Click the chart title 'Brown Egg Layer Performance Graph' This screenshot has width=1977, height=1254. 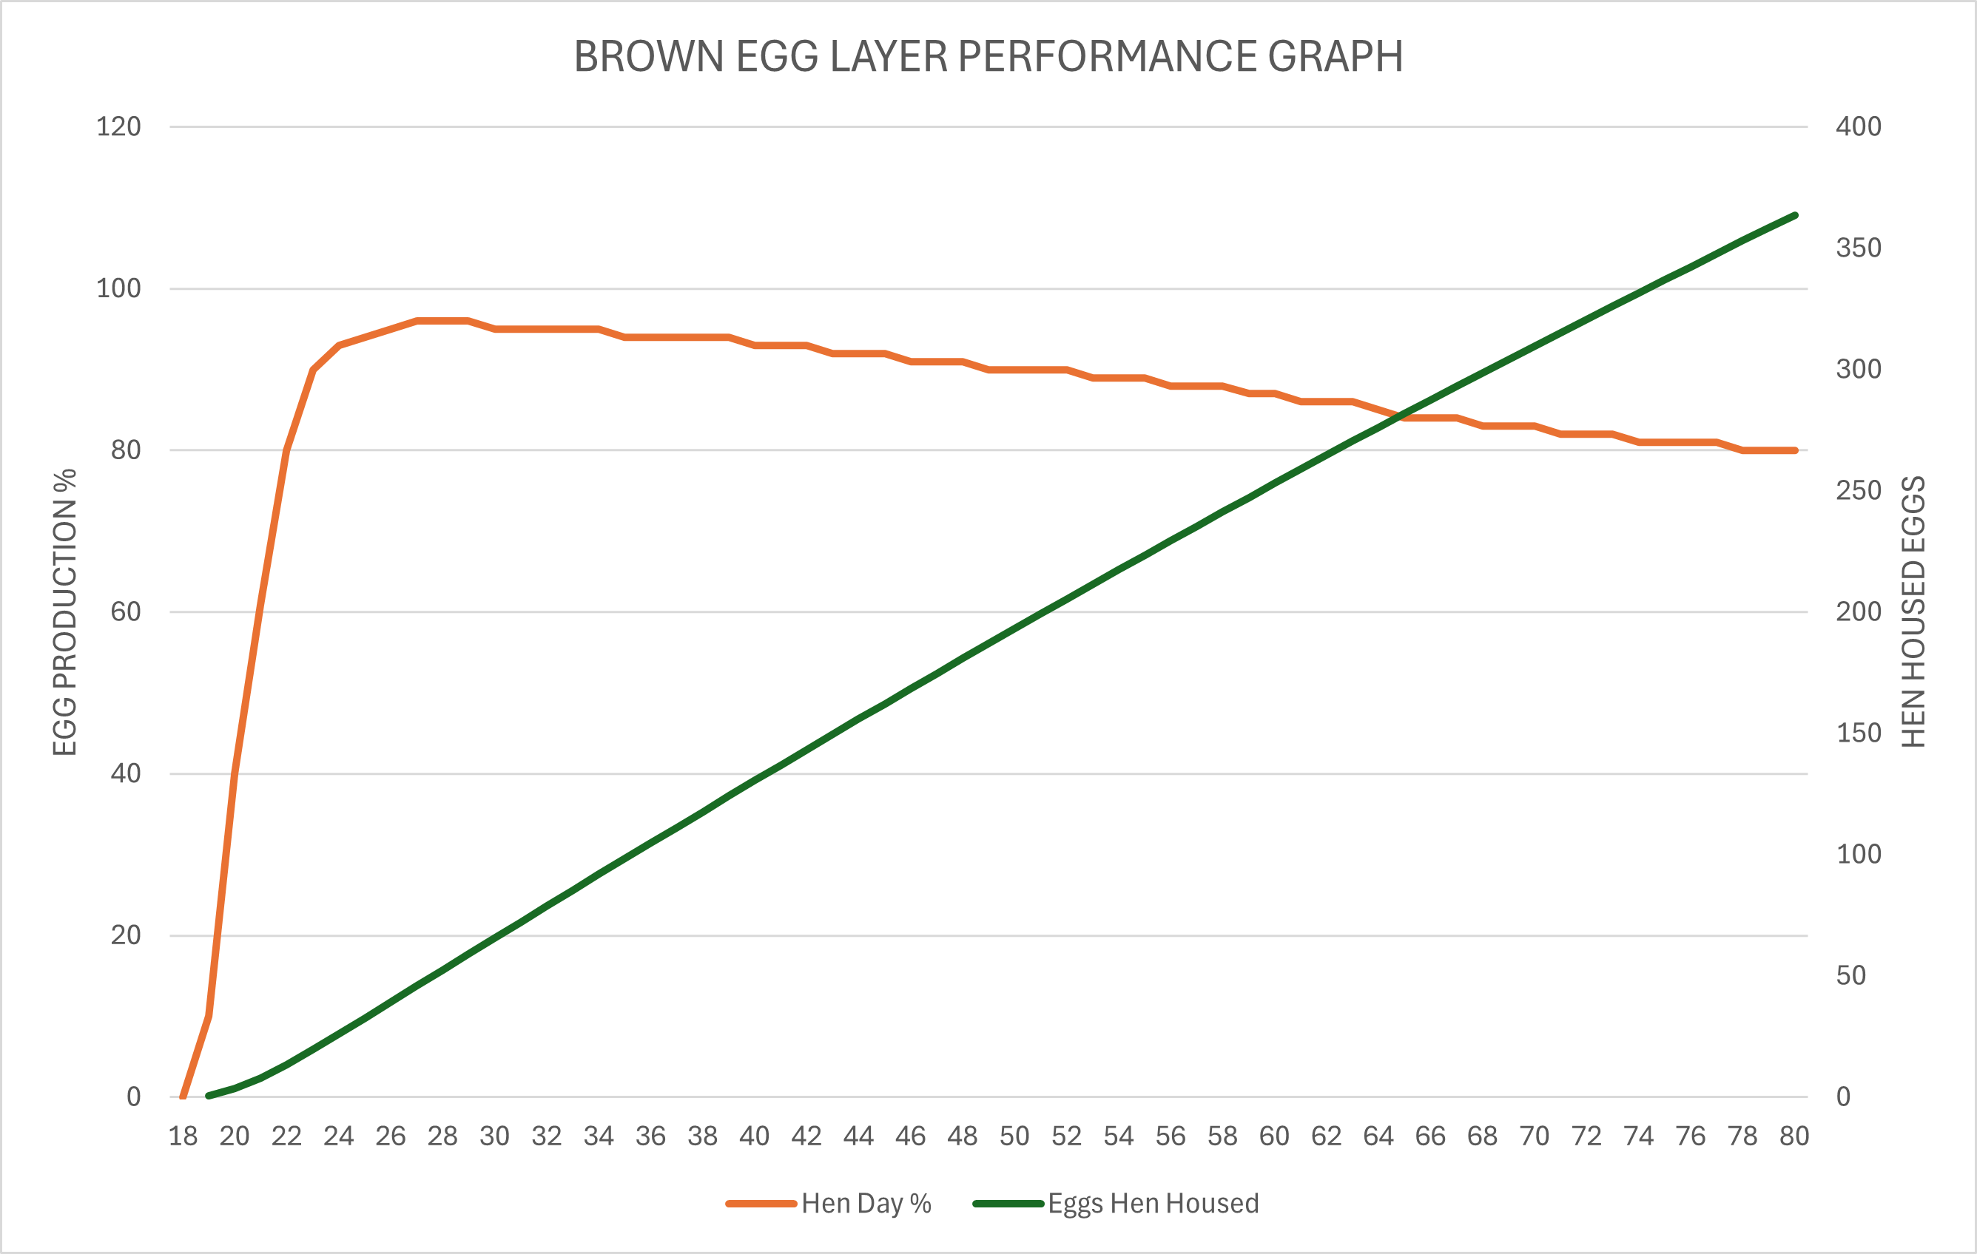point(988,57)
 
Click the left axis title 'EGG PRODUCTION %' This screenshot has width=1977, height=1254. point(65,612)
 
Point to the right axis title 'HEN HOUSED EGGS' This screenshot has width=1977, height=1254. point(1913,612)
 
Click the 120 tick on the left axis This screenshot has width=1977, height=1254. point(118,126)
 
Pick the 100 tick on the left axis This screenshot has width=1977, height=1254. point(118,288)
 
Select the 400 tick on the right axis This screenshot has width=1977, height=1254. point(1858,126)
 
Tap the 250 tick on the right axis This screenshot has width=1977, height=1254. point(1858,490)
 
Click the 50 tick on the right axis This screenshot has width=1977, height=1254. point(1850,975)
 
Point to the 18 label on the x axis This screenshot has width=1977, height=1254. point(182,1136)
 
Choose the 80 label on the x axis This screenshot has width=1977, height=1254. point(1794,1136)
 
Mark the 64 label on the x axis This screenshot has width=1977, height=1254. point(1378,1136)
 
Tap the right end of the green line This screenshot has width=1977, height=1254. point(1796,216)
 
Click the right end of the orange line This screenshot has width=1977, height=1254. point(1796,450)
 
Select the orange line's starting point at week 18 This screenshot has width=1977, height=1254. point(182,1097)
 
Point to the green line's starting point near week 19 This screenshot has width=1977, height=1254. point(209,1096)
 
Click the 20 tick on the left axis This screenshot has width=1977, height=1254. point(126,935)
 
